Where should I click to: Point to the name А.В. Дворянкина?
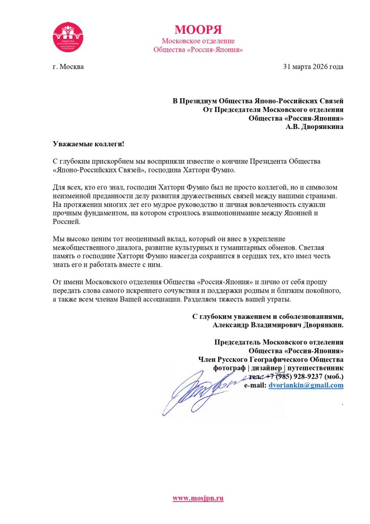314,126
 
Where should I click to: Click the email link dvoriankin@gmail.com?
306,385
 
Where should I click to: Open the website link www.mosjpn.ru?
198,498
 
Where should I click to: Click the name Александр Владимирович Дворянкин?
279,324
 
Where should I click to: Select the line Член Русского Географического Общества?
271,359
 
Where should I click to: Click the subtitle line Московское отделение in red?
198,40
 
